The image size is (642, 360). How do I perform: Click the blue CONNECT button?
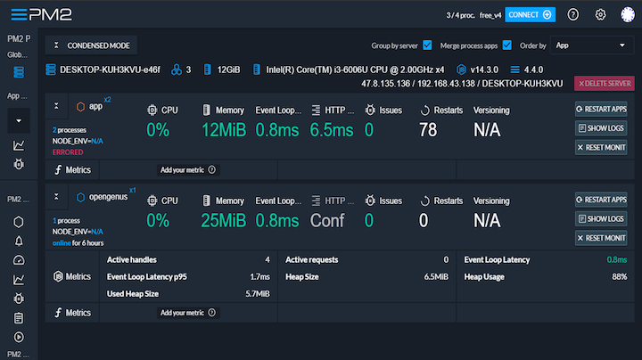530,14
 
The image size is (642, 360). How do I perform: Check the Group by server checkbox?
427,45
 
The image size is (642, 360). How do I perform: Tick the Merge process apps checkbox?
506,45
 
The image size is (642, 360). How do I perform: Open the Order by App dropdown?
589,45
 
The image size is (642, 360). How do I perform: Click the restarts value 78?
427,130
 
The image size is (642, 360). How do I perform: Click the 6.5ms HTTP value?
332,130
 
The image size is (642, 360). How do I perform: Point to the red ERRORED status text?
68,152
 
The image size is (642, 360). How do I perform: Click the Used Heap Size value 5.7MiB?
258,293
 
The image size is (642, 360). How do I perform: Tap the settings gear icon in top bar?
600,14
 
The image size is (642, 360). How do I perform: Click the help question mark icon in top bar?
573,14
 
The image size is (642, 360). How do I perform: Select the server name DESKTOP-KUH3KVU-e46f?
110,69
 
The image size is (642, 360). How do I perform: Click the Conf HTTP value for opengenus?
326,220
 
